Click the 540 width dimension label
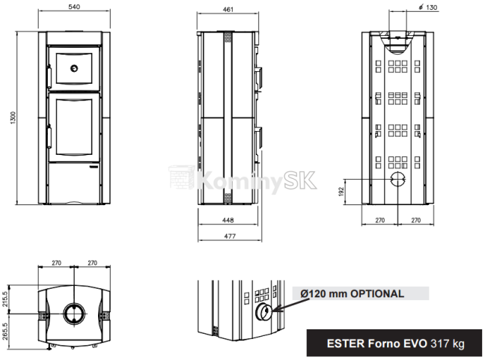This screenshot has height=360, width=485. pyautogui.click(x=74, y=7)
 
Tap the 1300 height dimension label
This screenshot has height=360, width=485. pyautogui.click(x=13, y=118)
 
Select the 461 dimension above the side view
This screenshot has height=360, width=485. pyautogui.click(x=228, y=9)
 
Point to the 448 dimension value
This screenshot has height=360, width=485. pyautogui.click(x=228, y=220)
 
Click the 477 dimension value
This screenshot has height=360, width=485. pyautogui.click(x=230, y=236)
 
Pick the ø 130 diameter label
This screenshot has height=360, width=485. pyautogui.click(x=428, y=7)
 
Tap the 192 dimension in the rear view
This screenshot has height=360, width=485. pyautogui.click(x=341, y=192)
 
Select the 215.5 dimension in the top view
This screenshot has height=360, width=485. pyautogui.click(x=4, y=299)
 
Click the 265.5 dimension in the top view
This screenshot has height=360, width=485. pyautogui.click(x=4, y=332)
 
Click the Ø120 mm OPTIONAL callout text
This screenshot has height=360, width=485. pyautogui.click(x=352, y=293)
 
